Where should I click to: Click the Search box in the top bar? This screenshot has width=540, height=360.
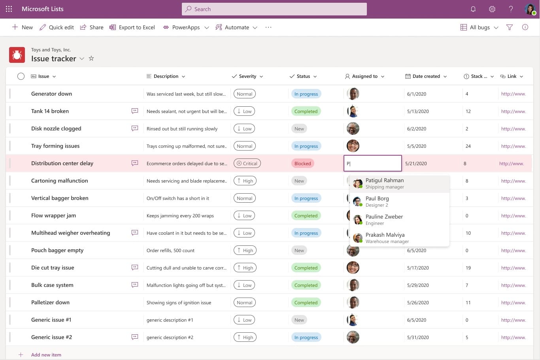point(274,9)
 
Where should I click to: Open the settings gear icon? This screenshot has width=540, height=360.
point(492,9)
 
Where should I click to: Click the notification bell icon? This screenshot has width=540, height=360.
point(473,9)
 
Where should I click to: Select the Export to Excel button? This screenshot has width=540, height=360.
point(132,27)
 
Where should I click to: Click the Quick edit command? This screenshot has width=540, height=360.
point(57,27)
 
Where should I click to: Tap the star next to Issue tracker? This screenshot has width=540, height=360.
point(91,58)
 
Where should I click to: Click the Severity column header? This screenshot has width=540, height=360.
point(247,76)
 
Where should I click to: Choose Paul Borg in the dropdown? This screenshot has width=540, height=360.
point(377,202)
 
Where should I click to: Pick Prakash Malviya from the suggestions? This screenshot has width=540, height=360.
point(385,238)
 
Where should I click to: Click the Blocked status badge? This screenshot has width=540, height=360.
point(302,164)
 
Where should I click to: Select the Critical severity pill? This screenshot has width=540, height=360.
point(247,164)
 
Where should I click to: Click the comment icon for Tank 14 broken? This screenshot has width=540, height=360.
point(135,111)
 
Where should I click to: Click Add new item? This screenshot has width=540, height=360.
point(46,355)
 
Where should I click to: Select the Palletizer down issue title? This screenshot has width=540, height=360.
point(50,302)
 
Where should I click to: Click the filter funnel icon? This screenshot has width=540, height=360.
point(510,27)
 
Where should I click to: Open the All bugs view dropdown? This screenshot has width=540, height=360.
point(480,27)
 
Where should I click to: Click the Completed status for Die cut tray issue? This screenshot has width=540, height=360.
point(306,268)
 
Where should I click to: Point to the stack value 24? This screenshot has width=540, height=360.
point(468,146)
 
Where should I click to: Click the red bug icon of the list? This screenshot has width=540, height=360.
point(17,55)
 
